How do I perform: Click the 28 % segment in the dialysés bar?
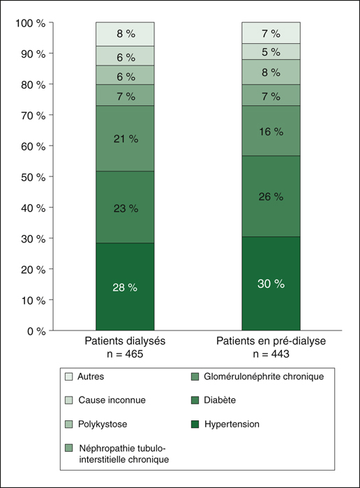pyautogui.click(x=125, y=287)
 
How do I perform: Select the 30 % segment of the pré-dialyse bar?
pyautogui.click(x=271, y=283)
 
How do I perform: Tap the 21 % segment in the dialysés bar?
pyautogui.click(x=125, y=139)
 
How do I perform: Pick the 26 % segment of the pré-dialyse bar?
pyautogui.click(x=271, y=197)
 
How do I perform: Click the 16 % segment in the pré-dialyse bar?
pyautogui.click(x=271, y=131)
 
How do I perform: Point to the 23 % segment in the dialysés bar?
pyautogui.click(x=125, y=207)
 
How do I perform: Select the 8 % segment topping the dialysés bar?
pyautogui.click(x=125, y=34)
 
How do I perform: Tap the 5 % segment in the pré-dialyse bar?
pyautogui.click(x=271, y=52)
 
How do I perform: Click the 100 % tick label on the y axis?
pyautogui.click(x=31, y=23)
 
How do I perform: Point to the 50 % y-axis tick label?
pyautogui.click(x=33, y=177)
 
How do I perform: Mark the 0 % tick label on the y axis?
pyautogui.click(x=36, y=331)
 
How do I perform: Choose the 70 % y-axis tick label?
pyautogui.click(x=33, y=116)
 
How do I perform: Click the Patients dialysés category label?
pyautogui.click(x=125, y=341)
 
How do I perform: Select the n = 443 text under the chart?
pyautogui.click(x=271, y=354)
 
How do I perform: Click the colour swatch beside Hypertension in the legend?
pyautogui.click(x=195, y=424)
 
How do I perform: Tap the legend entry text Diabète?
pyautogui.click(x=220, y=400)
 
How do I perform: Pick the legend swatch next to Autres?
pyautogui.click(x=68, y=376)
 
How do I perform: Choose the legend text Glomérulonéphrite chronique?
pyautogui.click(x=264, y=376)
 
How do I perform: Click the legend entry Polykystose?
pyautogui.click(x=103, y=424)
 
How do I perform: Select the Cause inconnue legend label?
pyautogui.click(x=112, y=400)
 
